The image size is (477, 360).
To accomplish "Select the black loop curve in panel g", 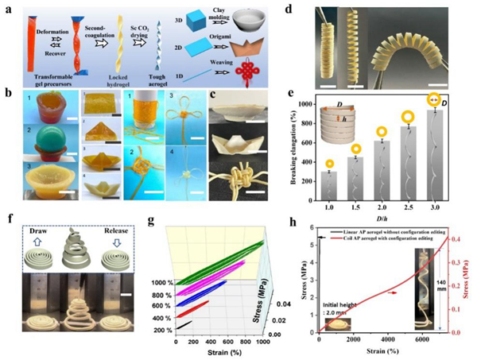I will click(x=183, y=324).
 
